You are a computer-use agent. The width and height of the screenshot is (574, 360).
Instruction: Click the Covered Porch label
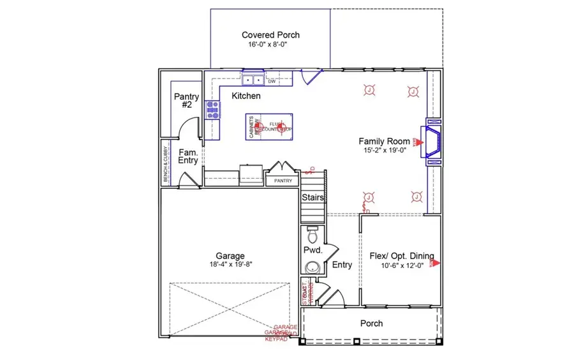(x=270, y=35)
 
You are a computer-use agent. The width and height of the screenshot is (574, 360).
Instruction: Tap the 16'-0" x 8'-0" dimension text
(x=270, y=45)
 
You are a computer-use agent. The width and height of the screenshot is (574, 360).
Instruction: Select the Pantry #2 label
(x=186, y=101)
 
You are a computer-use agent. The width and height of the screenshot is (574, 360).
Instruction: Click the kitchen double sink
(x=253, y=81)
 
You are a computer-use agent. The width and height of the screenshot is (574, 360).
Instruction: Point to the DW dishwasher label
(x=272, y=82)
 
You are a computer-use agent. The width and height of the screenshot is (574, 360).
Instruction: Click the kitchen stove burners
(x=212, y=110)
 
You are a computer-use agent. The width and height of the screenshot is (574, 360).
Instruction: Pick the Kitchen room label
(x=246, y=96)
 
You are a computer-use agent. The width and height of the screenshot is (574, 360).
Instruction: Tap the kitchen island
(x=269, y=127)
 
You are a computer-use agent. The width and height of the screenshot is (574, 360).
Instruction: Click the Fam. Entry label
(x=188, y=157)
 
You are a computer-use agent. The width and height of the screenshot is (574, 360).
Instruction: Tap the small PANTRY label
(x=283, y=181)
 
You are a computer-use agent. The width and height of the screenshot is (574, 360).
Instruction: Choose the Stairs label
(x=313, y=198)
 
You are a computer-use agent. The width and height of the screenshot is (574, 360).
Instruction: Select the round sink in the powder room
(x=312, y=266)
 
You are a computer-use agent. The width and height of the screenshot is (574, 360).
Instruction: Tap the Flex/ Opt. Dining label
(x=401, y=257)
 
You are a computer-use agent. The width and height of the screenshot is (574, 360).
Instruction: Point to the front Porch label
(x=371, y=324)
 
